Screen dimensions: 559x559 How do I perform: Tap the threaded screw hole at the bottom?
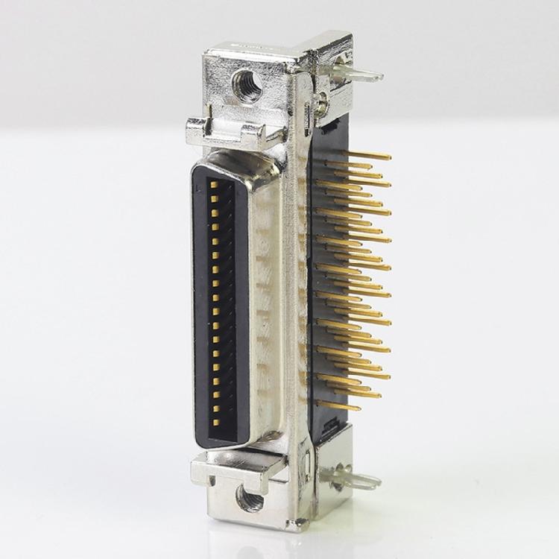(248, 498)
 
